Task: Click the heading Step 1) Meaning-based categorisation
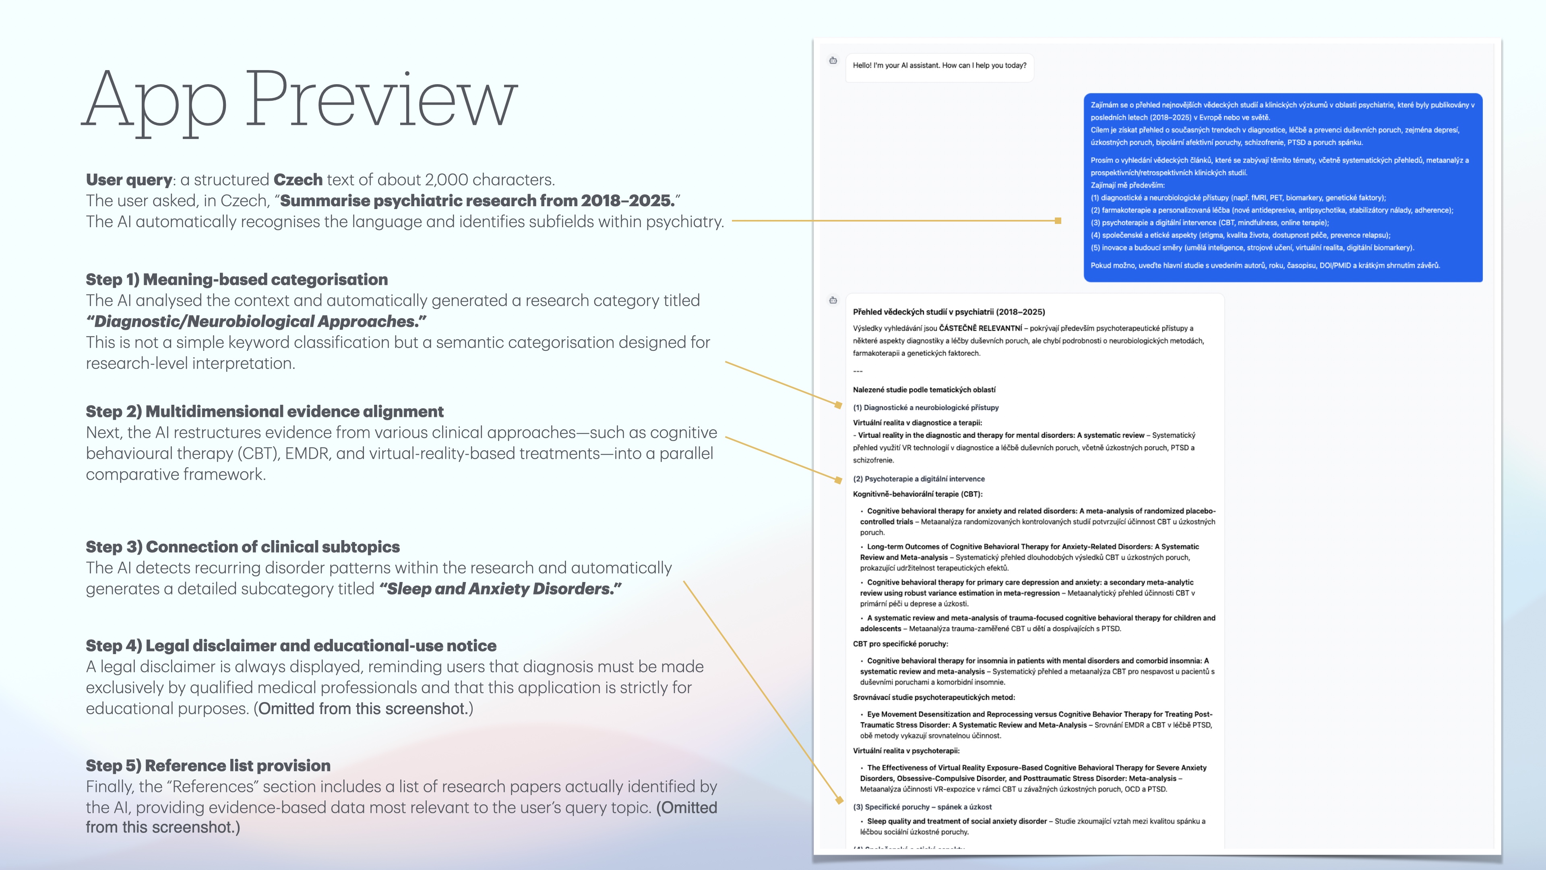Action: coord(236,280)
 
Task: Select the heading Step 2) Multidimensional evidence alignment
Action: coord(264,412)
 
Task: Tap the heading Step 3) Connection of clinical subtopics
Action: coord(242,547)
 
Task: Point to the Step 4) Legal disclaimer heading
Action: coord(291,646)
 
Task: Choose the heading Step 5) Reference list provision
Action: coord(208,766)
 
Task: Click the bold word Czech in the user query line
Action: coord(298,180)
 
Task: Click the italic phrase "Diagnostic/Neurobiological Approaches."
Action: coord(256,322)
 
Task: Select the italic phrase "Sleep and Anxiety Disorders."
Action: coord(500,589)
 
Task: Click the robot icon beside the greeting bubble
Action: coord(833,61)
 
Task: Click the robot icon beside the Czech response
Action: coord(833,300)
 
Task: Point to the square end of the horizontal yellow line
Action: coord(1058,221)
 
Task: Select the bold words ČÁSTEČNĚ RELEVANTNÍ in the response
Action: coord(980,328)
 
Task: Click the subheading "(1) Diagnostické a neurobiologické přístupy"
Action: coord(926,408)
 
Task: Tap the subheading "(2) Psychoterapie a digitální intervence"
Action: coord(918,479)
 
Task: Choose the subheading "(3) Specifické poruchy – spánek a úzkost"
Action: coord(922,807)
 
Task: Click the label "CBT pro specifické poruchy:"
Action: coord(900,644)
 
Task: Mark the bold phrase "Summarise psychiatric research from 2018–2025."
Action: coord(477,201)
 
